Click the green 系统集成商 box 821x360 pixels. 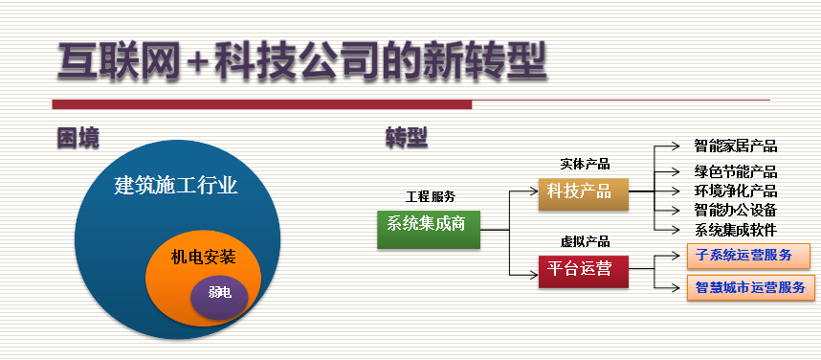429,230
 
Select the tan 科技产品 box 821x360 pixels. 584,194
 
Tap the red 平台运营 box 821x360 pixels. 584,272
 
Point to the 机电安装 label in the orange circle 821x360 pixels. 203,258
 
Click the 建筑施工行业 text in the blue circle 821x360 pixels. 175,186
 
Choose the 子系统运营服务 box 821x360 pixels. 748,256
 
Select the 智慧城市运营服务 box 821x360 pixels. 751,287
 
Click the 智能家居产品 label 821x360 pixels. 736,146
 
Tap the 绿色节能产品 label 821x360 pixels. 736,171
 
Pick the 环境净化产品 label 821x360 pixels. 736,191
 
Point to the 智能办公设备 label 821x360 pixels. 736,210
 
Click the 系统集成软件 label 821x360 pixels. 736,230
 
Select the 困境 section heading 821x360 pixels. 78,138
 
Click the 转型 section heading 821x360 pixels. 407,138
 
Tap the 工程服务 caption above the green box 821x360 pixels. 431,197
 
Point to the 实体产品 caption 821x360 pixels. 585,164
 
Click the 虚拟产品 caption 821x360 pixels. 585,241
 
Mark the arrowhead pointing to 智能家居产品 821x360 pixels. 676,146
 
